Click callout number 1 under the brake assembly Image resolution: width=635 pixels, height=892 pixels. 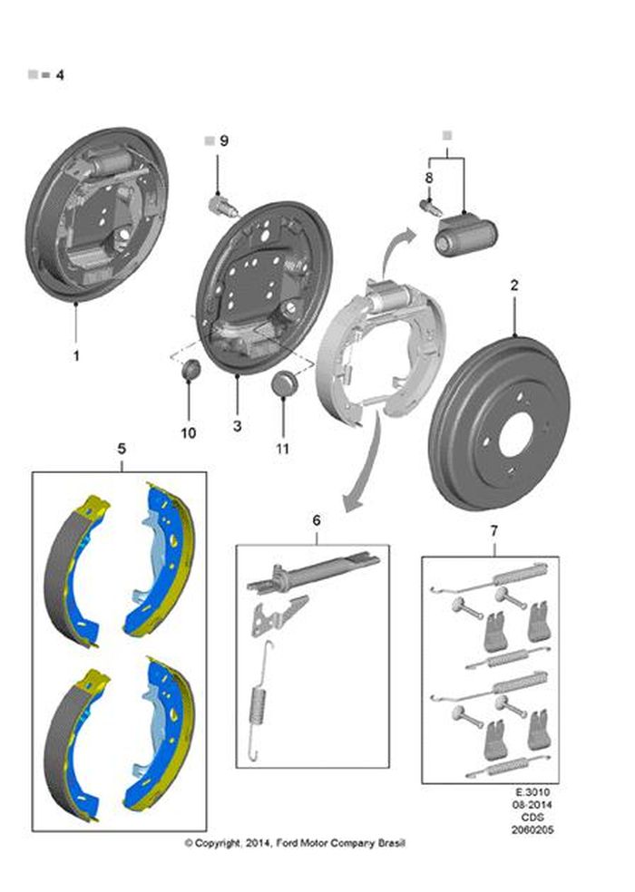76,356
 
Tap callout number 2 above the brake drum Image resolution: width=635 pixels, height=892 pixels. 514,285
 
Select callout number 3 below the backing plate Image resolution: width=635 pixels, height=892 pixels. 237,425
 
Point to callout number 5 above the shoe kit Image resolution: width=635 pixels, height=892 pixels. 122,449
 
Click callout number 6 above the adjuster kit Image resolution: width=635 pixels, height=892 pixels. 317,520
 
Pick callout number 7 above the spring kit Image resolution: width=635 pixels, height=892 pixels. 493,531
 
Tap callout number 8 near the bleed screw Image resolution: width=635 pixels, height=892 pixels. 429,178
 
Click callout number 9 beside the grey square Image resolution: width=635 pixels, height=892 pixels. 224,141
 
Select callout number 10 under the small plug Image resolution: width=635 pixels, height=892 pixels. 188,433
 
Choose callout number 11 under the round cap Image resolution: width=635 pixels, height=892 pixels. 282,449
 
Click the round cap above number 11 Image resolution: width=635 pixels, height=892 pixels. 283,383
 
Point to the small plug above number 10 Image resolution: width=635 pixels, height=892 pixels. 190,370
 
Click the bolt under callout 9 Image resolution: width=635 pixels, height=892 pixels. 222,205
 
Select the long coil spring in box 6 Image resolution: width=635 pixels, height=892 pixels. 259,701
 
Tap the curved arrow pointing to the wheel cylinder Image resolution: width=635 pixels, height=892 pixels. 394,251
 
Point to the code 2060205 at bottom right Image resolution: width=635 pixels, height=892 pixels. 532,830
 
